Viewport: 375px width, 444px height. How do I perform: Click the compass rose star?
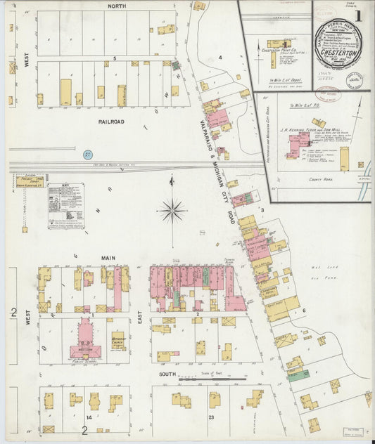172,209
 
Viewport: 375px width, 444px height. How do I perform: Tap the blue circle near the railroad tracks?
88,154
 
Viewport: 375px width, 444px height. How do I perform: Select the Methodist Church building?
117,341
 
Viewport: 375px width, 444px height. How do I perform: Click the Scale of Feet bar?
212,381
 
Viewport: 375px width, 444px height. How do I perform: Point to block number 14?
89,417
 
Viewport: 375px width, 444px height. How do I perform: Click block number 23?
210,417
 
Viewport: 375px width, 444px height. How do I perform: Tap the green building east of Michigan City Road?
298,374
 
